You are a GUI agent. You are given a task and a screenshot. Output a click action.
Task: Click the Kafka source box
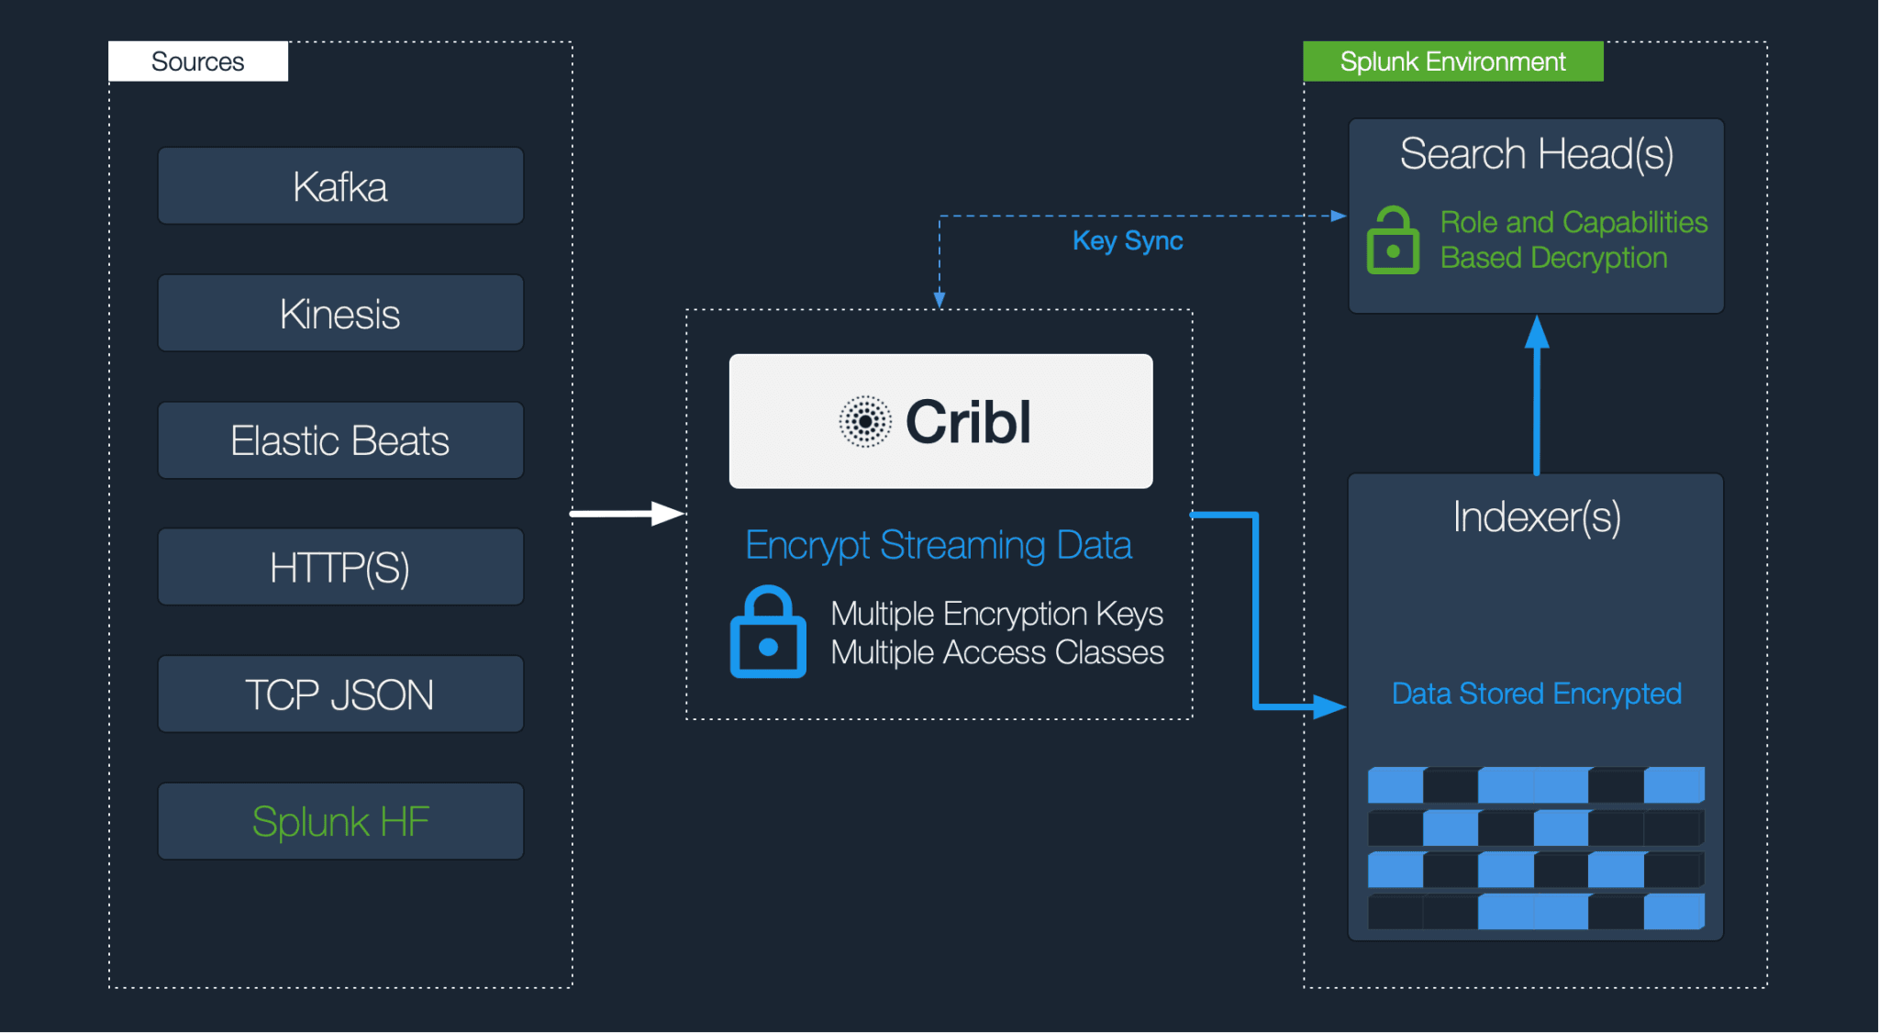[x=340, y=186]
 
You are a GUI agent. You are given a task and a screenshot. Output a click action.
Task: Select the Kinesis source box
[x=340, y=314]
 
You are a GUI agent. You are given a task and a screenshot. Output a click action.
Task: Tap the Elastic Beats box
[x=340, y=440]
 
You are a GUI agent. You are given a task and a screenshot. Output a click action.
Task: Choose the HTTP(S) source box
[x=340, y=567]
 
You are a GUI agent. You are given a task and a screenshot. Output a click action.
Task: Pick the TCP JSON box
[x=340, y=694]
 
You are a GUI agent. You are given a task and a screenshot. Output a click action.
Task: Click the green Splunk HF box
[x=340, y=821]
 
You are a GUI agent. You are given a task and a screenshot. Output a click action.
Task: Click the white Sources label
[x=198, y=61]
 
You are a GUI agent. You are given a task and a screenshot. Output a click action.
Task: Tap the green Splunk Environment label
[x=1452, y=61]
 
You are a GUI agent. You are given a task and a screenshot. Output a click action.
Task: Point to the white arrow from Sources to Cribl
[x=627, y=514]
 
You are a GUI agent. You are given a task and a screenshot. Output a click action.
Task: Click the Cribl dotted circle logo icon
[x=864, y=422]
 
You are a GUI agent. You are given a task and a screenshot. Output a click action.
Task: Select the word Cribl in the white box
[x=968, y=422]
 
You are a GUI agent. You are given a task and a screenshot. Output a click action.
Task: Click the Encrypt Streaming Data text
[x=938, y=545]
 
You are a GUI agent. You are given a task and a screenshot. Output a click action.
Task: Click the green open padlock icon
[x=1393, y=240]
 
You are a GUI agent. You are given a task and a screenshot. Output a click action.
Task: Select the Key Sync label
[x=1128, y=240]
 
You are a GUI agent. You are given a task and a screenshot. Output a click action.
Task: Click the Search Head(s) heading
[x=1537, y=153]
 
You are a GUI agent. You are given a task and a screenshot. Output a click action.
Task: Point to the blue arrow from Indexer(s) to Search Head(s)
[x=1537, y=394]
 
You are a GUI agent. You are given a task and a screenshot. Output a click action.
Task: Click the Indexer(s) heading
[x=1537, y=516]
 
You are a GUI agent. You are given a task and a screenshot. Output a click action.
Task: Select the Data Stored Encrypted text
[x=1537, y=694]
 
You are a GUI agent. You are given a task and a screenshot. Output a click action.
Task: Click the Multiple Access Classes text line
[x=996, y=652]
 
